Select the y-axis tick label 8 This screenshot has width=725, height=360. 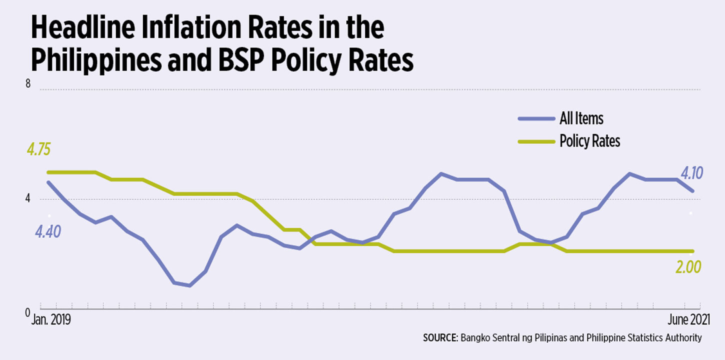click(x=28, y=84)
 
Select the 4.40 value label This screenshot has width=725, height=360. click(x=47, y=232)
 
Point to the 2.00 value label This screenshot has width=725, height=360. click(x=688, y=267)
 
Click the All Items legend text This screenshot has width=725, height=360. click(x=581, y=118)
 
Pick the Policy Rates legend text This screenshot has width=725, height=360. click(x=590, y=141)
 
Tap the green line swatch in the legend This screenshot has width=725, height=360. click(x=537, y=142)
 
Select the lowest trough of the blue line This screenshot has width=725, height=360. click(x=189, y=285)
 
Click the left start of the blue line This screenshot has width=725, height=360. click(x=48, y=182)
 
